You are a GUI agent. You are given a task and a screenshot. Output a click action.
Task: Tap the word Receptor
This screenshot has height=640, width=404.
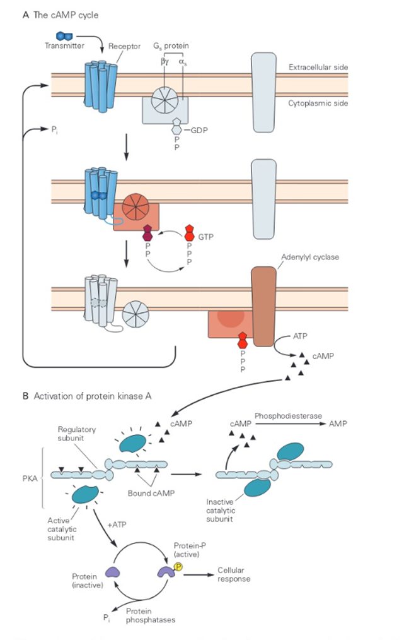click(x=124, y=46)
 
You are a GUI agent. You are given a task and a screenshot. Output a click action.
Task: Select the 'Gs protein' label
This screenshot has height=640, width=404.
click(x=170, y=46)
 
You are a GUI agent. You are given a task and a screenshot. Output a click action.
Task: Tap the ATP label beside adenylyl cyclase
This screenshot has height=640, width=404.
click(x=302, y=337)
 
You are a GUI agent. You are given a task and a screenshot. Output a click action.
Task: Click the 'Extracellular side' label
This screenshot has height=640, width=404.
click(x=318, y=66)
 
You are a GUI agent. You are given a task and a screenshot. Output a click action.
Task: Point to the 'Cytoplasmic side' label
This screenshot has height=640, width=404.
click(x=318, y=102)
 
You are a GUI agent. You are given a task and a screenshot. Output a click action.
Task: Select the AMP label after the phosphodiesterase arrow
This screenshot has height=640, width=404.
click(x=338, y=425)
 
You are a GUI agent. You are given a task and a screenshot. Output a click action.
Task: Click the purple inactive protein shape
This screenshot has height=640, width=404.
click(x=113, y=572)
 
